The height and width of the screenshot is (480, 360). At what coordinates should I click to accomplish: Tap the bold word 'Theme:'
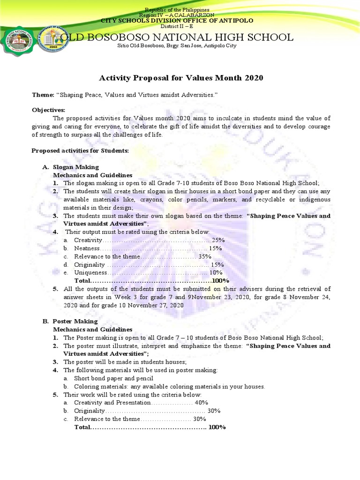pos(43,95)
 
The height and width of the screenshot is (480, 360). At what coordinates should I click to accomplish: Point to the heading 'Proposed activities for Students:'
pos(79,150)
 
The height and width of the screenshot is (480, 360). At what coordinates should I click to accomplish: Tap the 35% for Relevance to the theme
pos(205,256)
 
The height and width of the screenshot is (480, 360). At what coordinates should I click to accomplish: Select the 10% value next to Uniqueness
pos(216,273)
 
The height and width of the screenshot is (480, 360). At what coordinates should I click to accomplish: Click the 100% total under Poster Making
pos(217,427)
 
